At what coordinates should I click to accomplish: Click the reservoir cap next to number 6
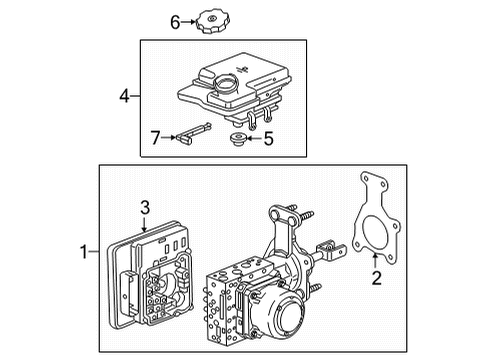pos(213,20)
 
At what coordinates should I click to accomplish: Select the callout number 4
pos(125,97)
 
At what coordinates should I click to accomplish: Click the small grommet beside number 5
pos(238,138)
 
